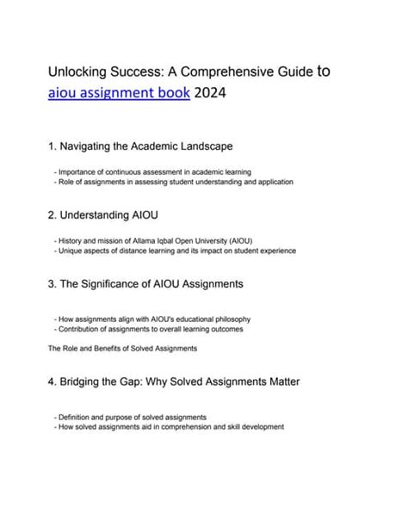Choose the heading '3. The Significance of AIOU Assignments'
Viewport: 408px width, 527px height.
coord(145,283)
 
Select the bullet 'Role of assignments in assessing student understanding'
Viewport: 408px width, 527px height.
coord(173,183)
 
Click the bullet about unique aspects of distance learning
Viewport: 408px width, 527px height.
coord(175,251)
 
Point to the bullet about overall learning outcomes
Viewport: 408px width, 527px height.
coord(148,329)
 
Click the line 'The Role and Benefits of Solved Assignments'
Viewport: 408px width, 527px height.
coord(123,348)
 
